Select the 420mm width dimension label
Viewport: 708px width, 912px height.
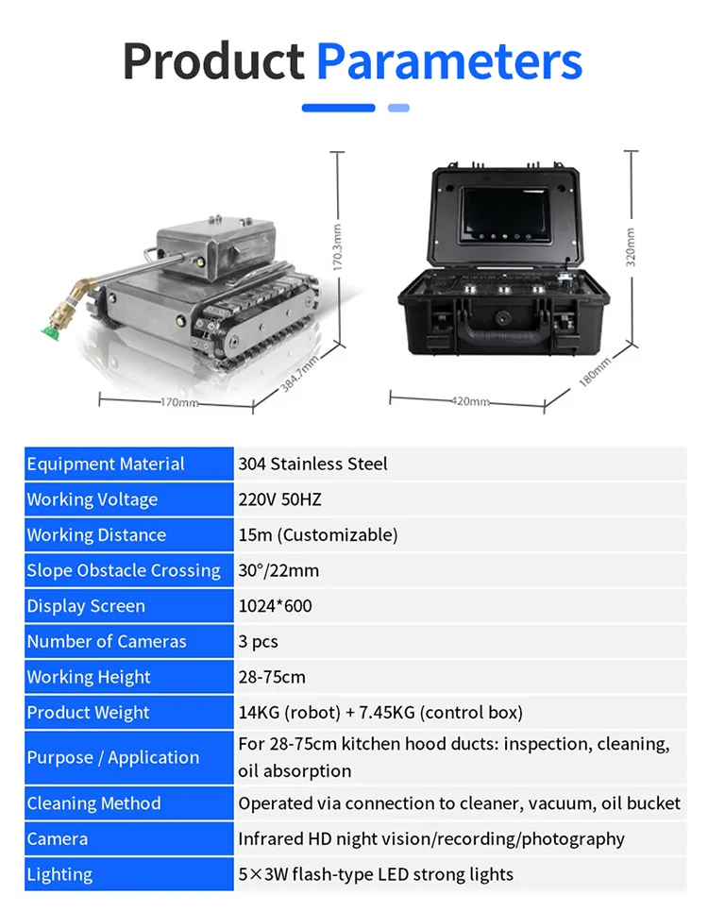[x=469, y=401]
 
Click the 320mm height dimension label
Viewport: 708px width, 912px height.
[x=631, y=246]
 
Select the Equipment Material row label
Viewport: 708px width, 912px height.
[x=106, y=464]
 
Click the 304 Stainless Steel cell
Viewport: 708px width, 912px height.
[x=312, y=464]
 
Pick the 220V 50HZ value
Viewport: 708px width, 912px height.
[x=279, y=499]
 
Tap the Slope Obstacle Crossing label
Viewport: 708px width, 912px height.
[x=124, y=570]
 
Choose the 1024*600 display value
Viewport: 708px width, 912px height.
[x=275, y=606]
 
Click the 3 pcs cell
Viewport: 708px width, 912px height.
[x=258, y=641]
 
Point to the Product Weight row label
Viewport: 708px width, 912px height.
[x=88, y=713]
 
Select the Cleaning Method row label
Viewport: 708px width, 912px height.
[x=93, y=803]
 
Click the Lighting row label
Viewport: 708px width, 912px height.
[x=59, y=874]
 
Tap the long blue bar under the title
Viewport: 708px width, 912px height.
[x=339, y=108]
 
